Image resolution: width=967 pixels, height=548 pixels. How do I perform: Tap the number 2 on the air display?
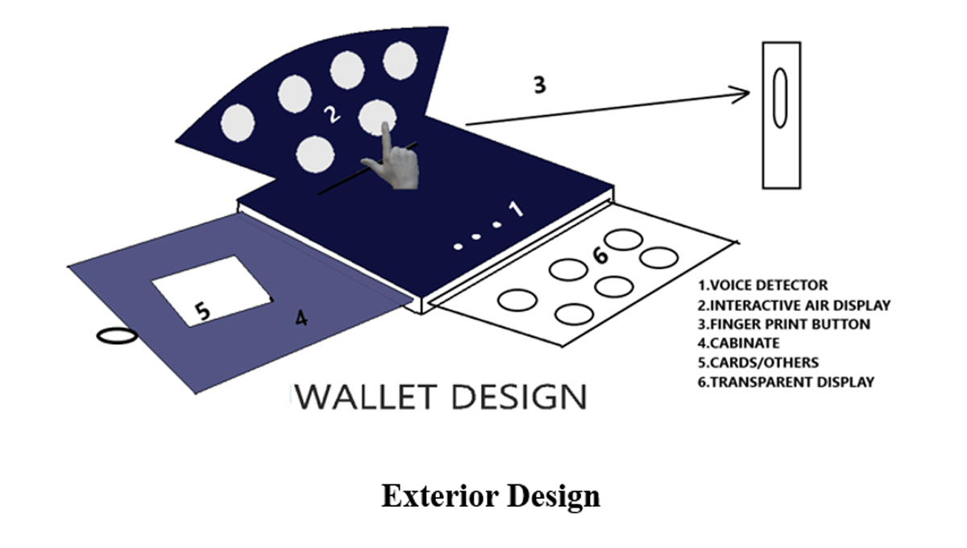pos(330,115)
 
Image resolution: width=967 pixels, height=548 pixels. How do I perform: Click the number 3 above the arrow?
pos(540,84)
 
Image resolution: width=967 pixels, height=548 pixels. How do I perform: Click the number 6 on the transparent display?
pos(600,255)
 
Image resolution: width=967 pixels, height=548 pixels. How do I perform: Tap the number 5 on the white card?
pos(203,310)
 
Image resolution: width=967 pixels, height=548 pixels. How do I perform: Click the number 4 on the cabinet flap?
pos(301,318)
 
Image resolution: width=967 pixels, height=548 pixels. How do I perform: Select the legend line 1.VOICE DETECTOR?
pos(763,285)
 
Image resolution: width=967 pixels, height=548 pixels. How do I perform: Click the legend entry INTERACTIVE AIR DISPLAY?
pos(795,305)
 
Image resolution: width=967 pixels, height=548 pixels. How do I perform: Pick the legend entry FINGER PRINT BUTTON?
pos(784,324)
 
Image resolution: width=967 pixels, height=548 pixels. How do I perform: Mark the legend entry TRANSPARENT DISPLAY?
pos(786,382)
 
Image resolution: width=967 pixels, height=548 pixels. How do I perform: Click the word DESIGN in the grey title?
pos(517,397)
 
